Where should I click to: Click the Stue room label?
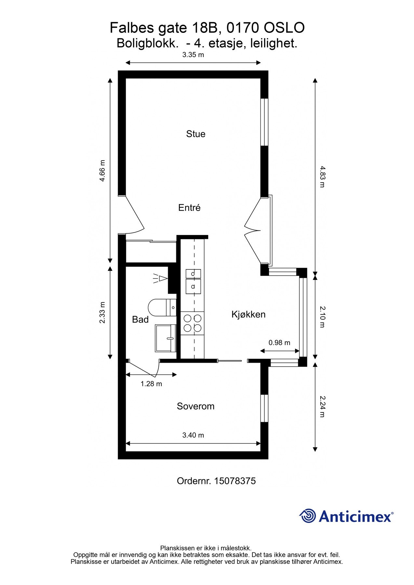click(x=195, y=134)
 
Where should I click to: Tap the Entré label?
click(x=189, y=208)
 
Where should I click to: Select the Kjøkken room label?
click(x=248, y=314)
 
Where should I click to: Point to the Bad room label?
click(x=140, y=319)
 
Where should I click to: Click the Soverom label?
click(x=195, y=406)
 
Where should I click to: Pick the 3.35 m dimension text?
click(x=193, y=55)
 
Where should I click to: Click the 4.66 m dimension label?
click(x=102, y=171)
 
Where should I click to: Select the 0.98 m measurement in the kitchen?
click(x=279, y=343)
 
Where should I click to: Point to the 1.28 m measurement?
click(x=151, y=384)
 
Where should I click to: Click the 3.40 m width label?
click(x=193, y=435)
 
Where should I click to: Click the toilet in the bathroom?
click(x=162, y=307)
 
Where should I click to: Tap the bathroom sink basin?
click(x=166, y=338)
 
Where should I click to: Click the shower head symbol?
click(x=160, y=279)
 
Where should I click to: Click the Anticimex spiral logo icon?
click(x=308, y=516)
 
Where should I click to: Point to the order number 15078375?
click(x=235, y=481)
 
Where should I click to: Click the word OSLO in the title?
click(x=284, y=28)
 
